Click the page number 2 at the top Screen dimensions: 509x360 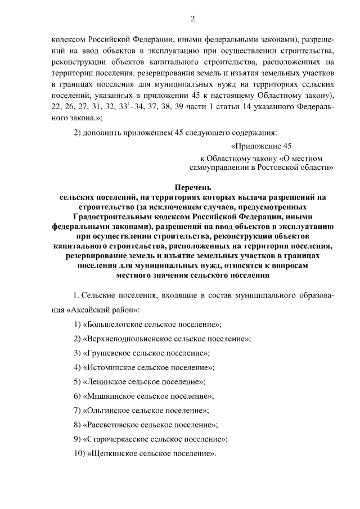click(x=192, y=20)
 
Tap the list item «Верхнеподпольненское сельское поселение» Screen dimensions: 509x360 click(x=166, y=339)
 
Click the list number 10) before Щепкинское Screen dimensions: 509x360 click(x=79, y=453)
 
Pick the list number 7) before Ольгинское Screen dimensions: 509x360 click(x=78, y=410)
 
